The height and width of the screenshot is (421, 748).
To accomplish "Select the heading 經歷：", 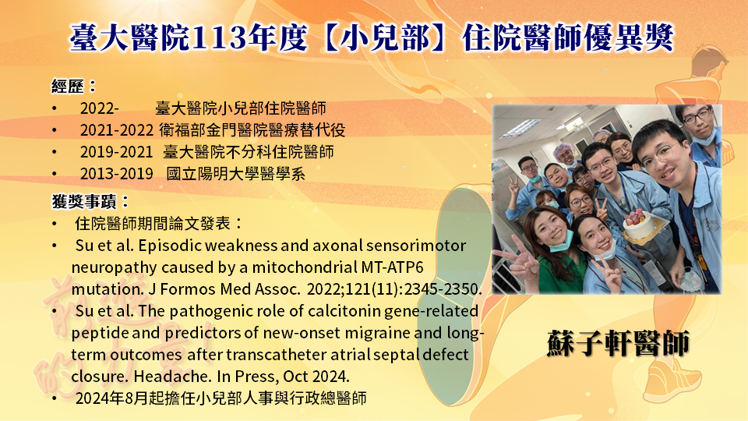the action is (74, 87).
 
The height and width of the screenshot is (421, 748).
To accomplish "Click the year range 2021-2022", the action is (116, 130).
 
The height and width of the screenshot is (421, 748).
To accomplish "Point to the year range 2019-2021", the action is (116, 152).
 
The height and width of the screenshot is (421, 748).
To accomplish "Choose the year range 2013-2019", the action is (116, 174).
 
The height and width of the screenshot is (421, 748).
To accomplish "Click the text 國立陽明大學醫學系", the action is (235, 174).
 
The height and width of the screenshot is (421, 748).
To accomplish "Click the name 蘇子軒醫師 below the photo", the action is (619, 343).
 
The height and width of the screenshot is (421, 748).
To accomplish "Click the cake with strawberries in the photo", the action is (639, 225).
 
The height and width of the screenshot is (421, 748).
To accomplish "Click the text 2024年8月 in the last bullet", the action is (111, 398).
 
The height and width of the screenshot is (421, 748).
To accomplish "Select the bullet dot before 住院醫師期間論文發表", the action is (55, 224).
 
